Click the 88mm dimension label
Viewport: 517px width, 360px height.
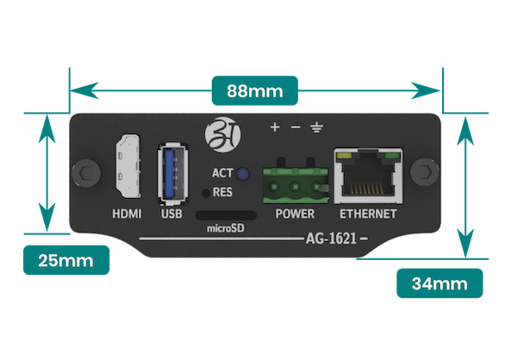(255, 90)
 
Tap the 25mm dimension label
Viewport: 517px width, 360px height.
(66, 260)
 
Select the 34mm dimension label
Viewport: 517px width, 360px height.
(439, 283)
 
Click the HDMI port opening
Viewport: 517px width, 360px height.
(128, 166)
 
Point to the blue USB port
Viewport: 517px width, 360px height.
(173, 174)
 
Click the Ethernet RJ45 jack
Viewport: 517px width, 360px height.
(368, 176)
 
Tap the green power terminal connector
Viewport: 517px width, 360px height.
(296, 184)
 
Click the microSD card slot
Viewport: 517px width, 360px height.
(226, 215)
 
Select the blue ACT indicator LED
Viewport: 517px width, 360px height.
(243, 174)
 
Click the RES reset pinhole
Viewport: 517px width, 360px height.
(206, 193)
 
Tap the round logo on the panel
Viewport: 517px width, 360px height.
(223, 134)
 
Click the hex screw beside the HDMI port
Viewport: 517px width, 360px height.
(86, 172)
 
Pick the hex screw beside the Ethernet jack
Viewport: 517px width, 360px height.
(424, 172)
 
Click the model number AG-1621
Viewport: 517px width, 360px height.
(331, 238)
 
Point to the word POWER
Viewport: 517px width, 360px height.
(295, 214)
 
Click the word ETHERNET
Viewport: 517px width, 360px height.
(368, 214)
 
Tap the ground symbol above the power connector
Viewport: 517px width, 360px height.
(316, 127)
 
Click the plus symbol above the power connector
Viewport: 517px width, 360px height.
(275, 127)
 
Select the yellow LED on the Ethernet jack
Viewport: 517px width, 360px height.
(344, 156)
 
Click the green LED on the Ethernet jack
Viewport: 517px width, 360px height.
(392, 156)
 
